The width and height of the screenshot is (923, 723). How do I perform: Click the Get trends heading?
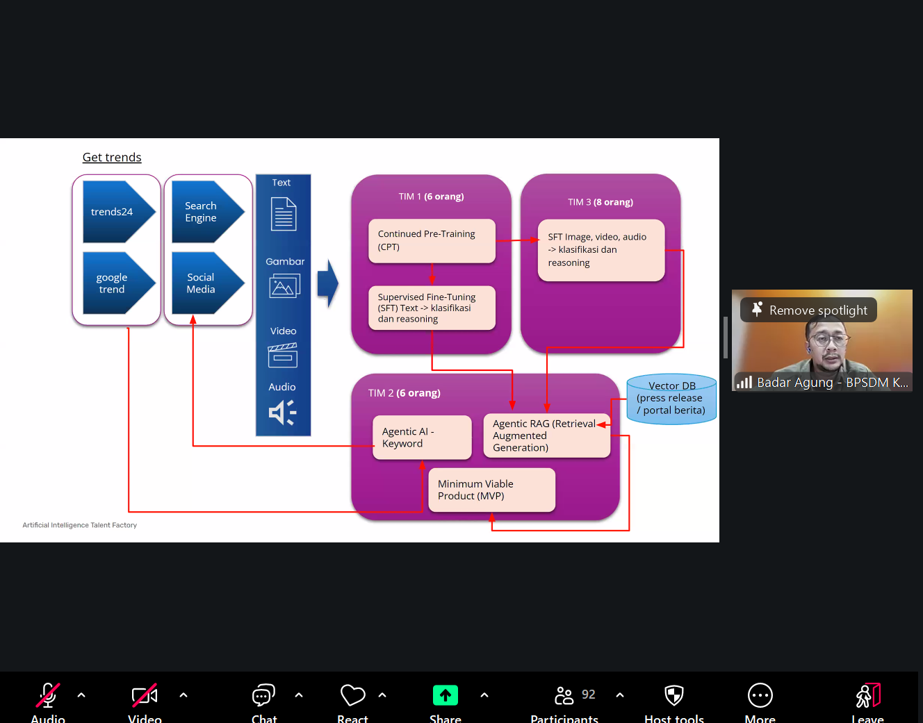[112, 158]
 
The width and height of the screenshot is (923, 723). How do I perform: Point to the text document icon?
[284, 214]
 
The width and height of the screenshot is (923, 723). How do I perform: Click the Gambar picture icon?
[284, 285]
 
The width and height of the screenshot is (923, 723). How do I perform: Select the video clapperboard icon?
[283, 356]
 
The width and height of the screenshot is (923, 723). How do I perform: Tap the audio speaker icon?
[282, 412]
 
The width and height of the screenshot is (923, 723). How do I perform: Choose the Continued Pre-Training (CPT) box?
[432, 241]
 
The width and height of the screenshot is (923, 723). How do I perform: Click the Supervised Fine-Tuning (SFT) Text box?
[432, 308]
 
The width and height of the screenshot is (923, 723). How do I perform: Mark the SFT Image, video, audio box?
[601, 250]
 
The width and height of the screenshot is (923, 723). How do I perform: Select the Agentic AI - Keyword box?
[422, 438]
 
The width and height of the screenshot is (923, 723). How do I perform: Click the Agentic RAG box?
[546, 436]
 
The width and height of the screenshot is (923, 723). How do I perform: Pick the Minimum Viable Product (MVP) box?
[491, 490]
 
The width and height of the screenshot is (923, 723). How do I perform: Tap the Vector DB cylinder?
[671, 399]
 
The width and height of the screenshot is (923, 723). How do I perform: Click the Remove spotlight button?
[808, 310]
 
